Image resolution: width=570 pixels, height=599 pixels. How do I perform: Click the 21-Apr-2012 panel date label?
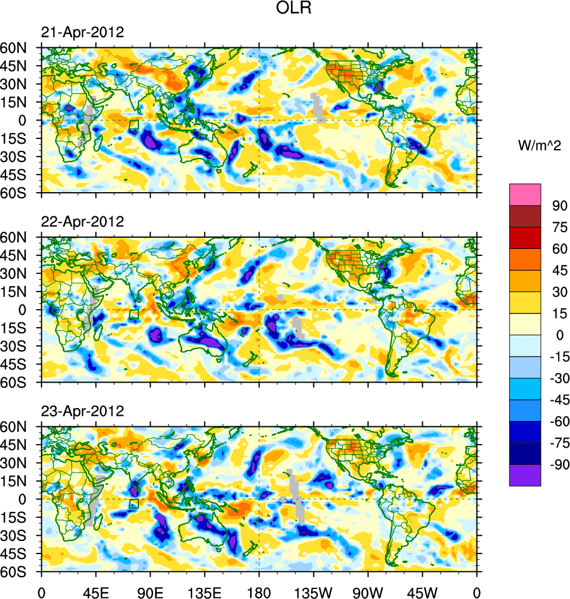click(82, 33)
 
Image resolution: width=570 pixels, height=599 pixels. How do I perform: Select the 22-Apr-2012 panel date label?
click(82, 222)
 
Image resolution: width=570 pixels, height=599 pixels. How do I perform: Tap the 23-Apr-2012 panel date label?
click(82, 411)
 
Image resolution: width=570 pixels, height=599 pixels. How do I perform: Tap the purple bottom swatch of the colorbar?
click(525, 475)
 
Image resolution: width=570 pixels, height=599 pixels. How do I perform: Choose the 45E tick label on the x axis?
click(96, 591)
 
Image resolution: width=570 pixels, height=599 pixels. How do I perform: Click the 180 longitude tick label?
click(259, 591)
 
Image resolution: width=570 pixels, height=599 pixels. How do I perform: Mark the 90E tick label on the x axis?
click(150, 591)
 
